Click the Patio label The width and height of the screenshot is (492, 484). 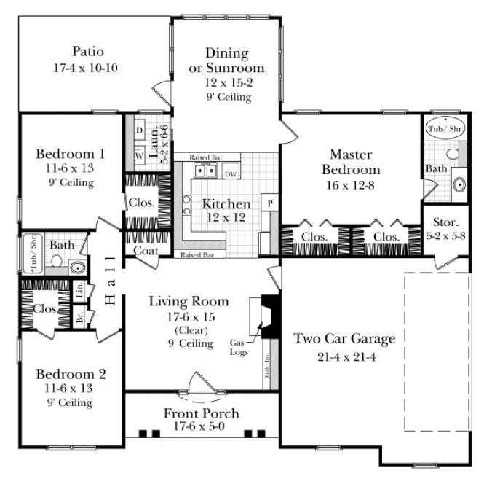[87, 52]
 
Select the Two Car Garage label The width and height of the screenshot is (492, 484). [344, 338]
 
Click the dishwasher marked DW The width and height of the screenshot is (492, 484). [230, 173]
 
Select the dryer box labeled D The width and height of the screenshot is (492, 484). [139, 130]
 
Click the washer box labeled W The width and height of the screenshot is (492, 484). [139, 155]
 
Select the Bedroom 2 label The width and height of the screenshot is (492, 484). [71, 374]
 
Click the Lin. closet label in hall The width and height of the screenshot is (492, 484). [79, 290]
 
